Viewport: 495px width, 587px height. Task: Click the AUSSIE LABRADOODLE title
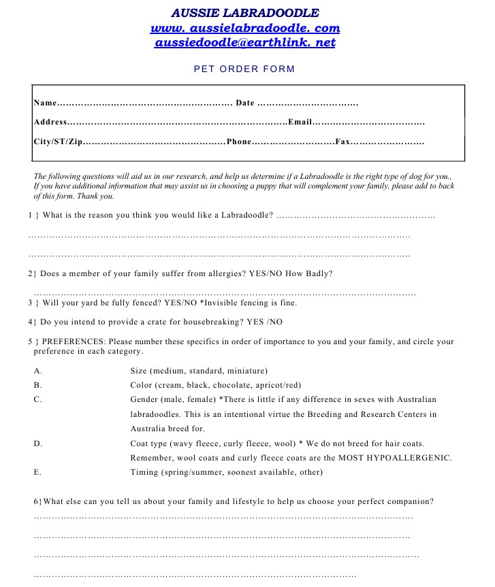point(244,13)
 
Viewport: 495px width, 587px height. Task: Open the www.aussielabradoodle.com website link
point(244,28)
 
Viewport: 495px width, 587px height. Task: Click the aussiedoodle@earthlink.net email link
point(244,42)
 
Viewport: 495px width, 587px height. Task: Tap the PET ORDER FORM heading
point(244,69)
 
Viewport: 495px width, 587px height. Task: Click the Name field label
point(44,103)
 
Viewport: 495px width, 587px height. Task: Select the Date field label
point(244,103)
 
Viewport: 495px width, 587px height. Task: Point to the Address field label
point(50,122)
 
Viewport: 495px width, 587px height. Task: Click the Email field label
point(300,122)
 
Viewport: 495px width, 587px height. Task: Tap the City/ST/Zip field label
point(58,142)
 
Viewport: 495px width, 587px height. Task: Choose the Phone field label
point(239,142)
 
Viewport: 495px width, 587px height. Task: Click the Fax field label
point(342,142)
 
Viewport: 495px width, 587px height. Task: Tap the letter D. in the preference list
point(38,443)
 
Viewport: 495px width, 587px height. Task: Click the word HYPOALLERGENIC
point(410,457)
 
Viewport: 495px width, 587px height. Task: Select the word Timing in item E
point(144,472)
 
